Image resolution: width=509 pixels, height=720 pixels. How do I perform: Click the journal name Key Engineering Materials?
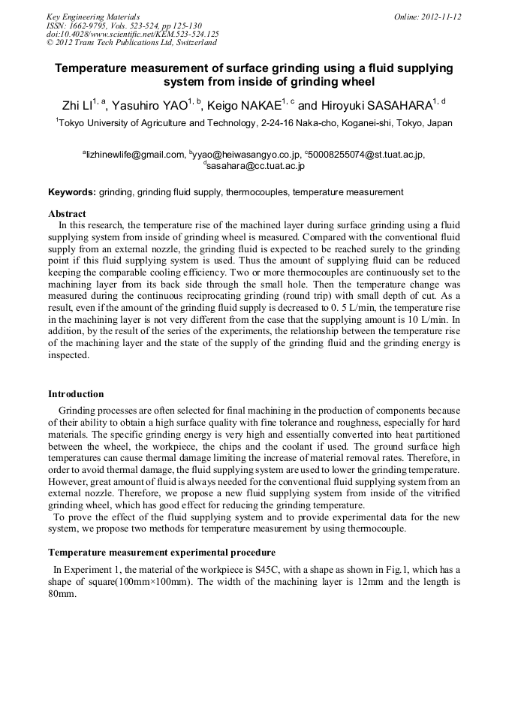[92, 17]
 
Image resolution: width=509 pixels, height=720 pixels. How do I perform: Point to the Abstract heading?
[67, 214]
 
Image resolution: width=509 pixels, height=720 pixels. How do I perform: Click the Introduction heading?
[76, 393]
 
